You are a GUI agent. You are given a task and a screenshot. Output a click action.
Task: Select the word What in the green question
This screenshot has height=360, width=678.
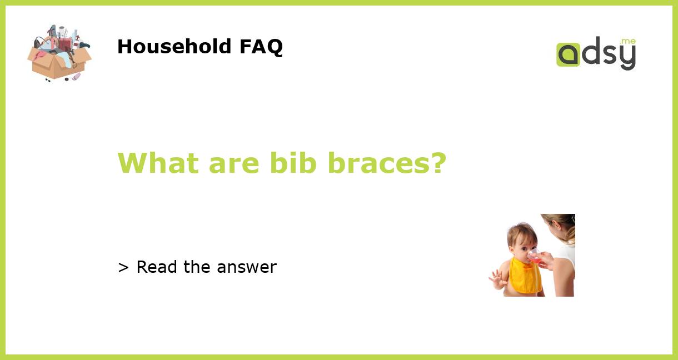pyautogui.click(x=158, y=163)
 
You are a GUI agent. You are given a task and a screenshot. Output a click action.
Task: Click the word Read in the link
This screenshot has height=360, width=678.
pyautogui.click(x=157, y=267)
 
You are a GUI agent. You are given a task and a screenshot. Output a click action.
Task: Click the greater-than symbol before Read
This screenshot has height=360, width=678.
pyautogui.click(x=123, y=268)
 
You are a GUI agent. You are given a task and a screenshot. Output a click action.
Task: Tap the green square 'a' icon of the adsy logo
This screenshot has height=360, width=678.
pyautogui.click(x=568, y=54)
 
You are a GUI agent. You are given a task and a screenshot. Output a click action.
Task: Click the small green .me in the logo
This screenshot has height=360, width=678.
pyautogui.click(x=627, y=41)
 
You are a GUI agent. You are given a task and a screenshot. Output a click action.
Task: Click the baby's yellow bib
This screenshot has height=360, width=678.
pyautogui.click(x=526, y=274)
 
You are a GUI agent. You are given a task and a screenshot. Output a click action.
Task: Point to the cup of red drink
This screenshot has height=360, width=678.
pyautogui.click(x=534, y=256)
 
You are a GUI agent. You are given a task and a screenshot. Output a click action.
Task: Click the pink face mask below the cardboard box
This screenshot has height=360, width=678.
pyautogui.click(x=76, y=76)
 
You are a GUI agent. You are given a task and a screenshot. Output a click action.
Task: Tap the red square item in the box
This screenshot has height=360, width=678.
pyautogui.click(x=65, y=43)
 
